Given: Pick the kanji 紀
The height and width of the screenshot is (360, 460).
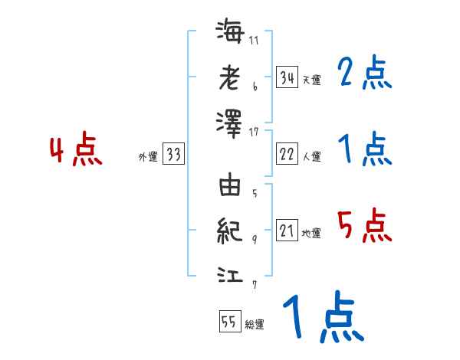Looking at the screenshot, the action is pos(230,230).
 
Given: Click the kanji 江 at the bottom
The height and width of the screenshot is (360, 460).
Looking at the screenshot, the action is pos(230,273).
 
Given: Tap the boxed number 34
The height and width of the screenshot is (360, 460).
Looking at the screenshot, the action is pos(287,77).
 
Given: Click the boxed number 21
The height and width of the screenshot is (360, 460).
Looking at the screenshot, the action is pos(287,231).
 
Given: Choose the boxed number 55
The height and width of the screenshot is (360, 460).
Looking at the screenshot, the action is pos(229,322).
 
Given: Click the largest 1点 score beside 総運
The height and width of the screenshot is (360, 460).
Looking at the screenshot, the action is pos(322,319).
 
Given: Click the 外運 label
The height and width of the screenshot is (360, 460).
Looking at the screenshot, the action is pos(147,157).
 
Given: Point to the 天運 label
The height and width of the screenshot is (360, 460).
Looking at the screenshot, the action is pos(310,80).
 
